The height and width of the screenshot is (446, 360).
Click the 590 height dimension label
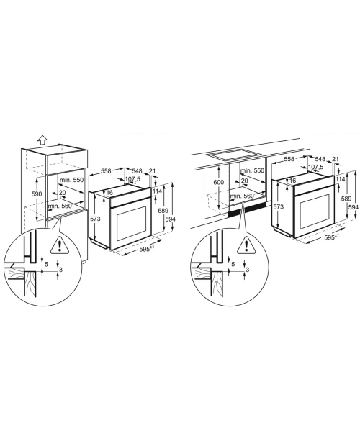(37, 194)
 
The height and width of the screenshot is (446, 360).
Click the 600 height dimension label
(219, 182)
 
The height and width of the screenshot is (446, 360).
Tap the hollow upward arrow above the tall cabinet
(42, 140)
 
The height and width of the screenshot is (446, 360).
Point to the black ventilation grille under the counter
(247, 209)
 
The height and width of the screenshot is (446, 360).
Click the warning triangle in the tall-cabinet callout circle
(59, 245)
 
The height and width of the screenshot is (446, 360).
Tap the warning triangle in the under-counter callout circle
(246, 245)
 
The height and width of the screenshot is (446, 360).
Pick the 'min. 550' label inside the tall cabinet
(71, 180)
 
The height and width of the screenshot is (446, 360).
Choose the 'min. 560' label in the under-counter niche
(242, 196)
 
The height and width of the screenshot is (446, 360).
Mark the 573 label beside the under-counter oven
(278, 206)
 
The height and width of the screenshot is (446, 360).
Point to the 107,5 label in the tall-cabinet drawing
(132, 179)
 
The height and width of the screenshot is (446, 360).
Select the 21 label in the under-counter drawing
(336, 159)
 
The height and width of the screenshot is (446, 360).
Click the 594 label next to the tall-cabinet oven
(170, 219)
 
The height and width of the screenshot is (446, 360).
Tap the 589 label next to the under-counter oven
(346, 199)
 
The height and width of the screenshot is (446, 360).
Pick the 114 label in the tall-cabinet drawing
(157, 191)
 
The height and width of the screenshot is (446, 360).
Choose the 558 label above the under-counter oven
(289, 159)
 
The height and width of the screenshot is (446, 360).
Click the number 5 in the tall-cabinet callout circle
(46, 264)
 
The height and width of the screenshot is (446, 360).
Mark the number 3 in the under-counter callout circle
(247, 270)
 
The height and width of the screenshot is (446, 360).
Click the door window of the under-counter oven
(312, 211)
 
